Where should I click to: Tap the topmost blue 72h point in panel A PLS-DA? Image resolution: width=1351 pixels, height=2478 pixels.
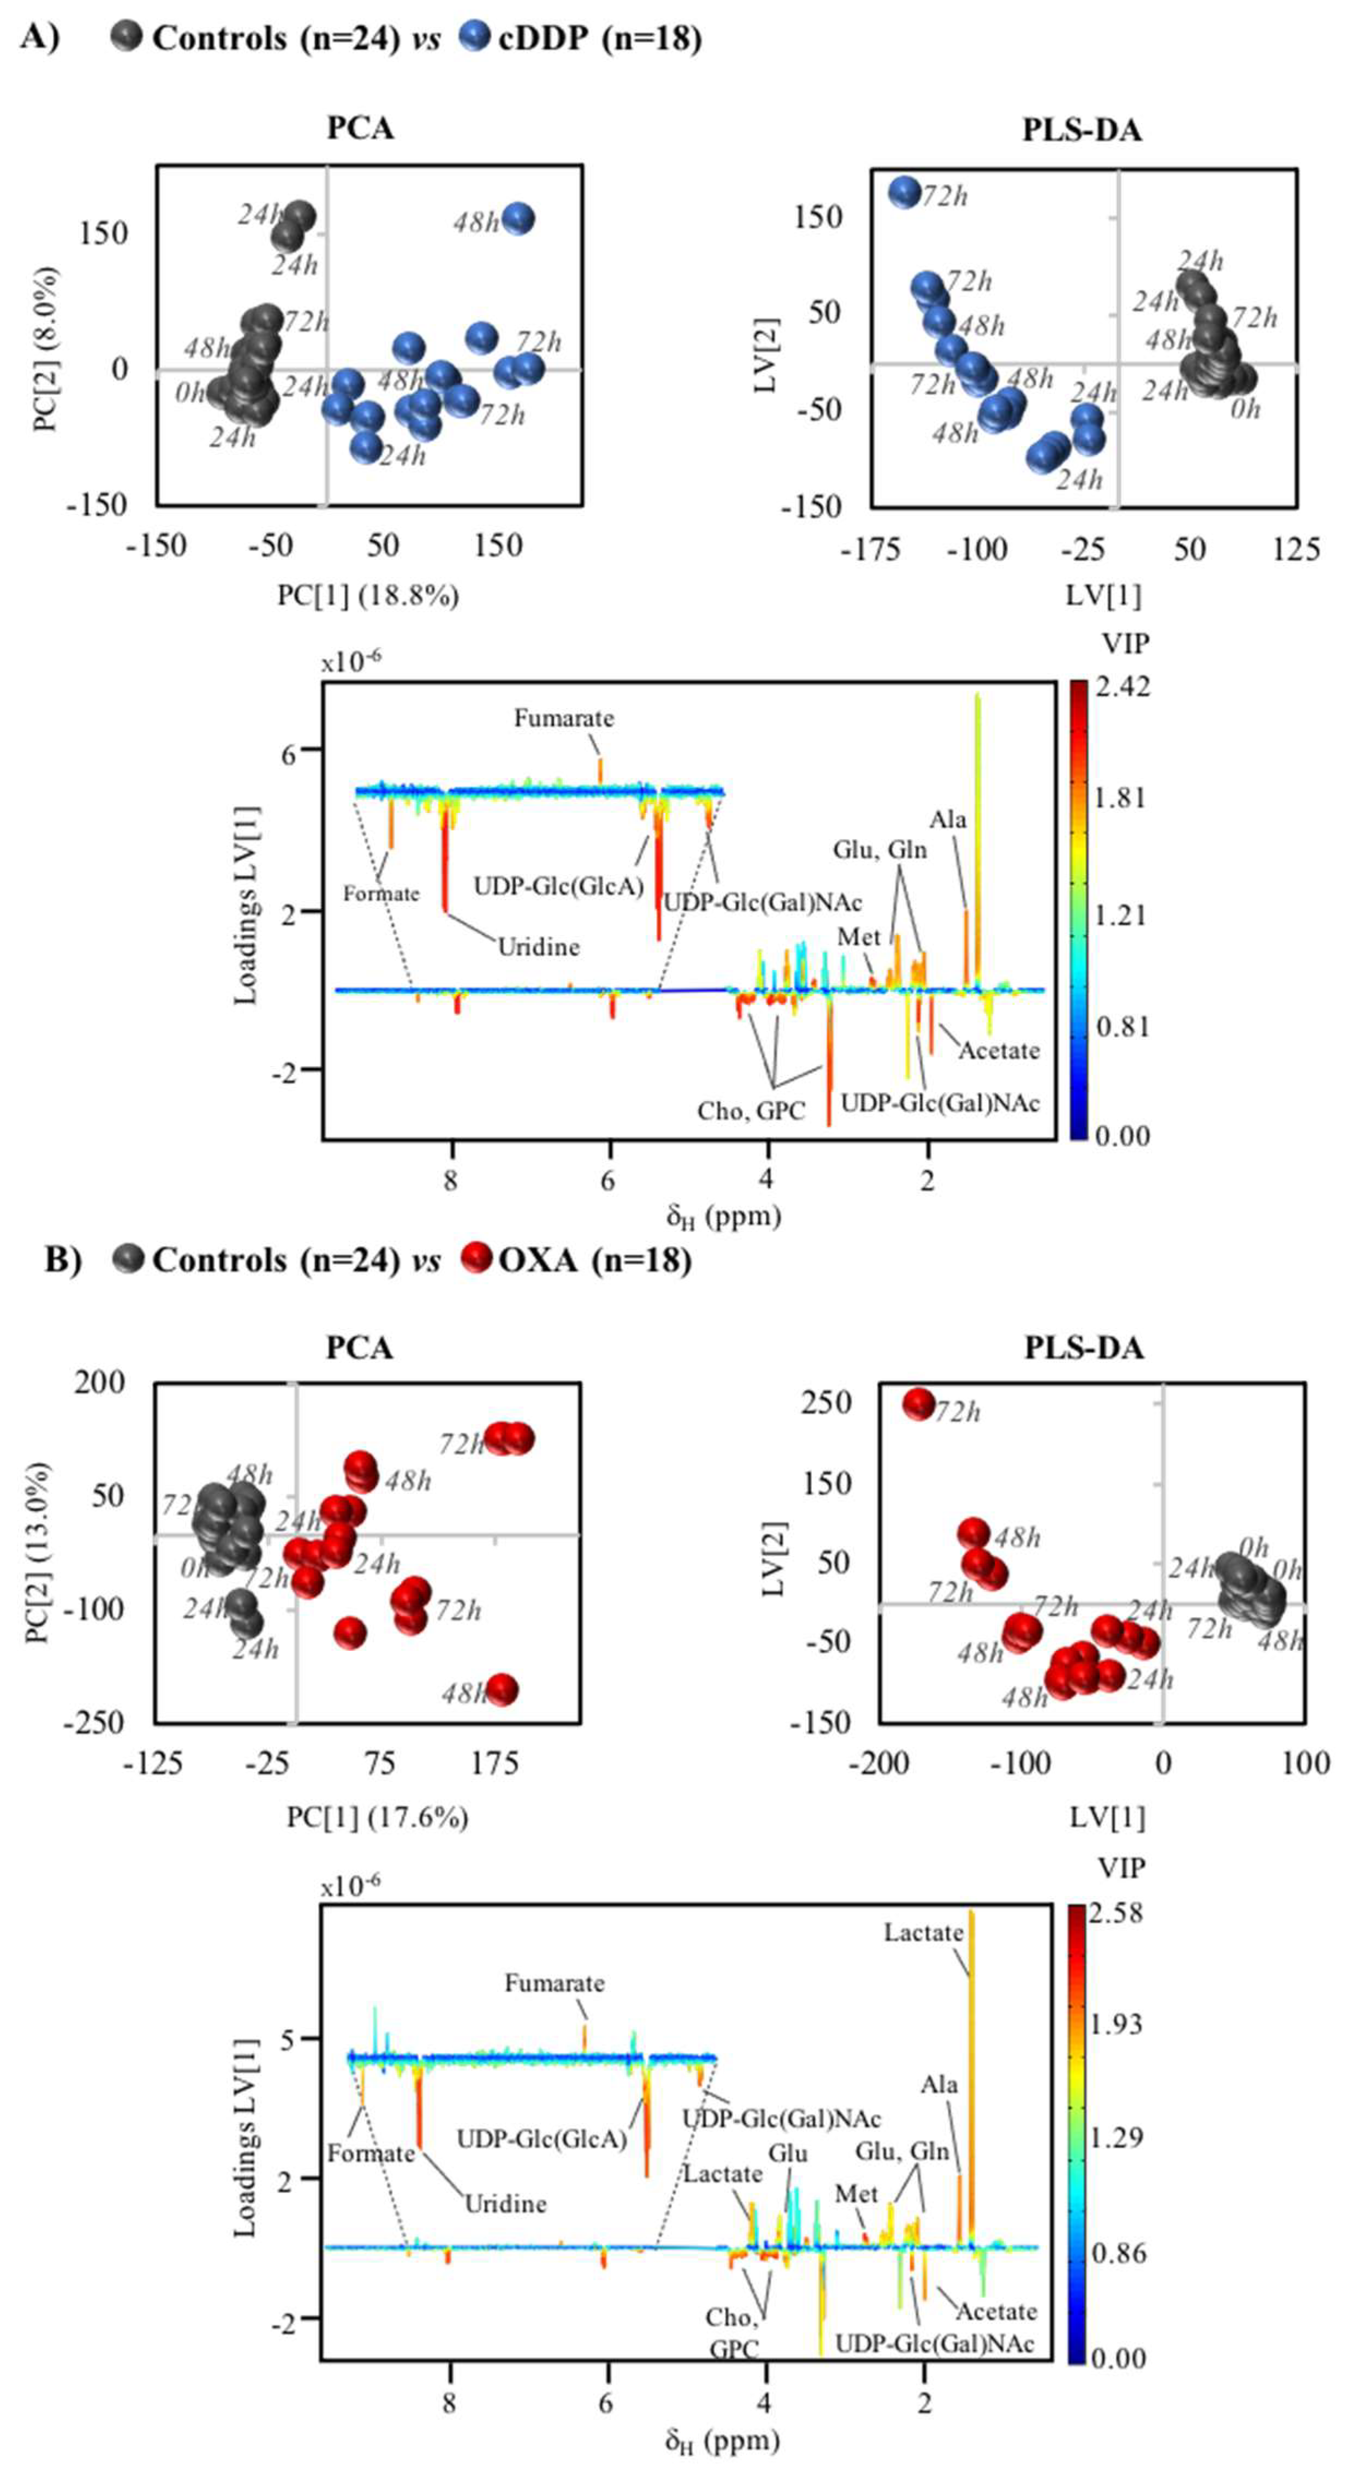click(x=905, y=193)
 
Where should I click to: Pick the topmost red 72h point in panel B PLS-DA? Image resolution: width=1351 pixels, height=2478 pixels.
click(x=919, y=1404)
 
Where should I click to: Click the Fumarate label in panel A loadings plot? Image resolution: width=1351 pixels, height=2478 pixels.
click(x=563, y=719)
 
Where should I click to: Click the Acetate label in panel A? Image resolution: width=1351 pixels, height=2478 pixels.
click(x=999, y=1050)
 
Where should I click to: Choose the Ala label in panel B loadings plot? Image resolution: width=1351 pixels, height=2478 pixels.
click(x=939, y=2085)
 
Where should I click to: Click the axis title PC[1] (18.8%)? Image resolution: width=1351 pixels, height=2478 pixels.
click(x=368, y=596)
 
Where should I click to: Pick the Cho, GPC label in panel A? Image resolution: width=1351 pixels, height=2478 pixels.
click(x=751, y=1111)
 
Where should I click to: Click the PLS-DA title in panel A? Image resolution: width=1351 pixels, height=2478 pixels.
click(x=1081, y=130)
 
